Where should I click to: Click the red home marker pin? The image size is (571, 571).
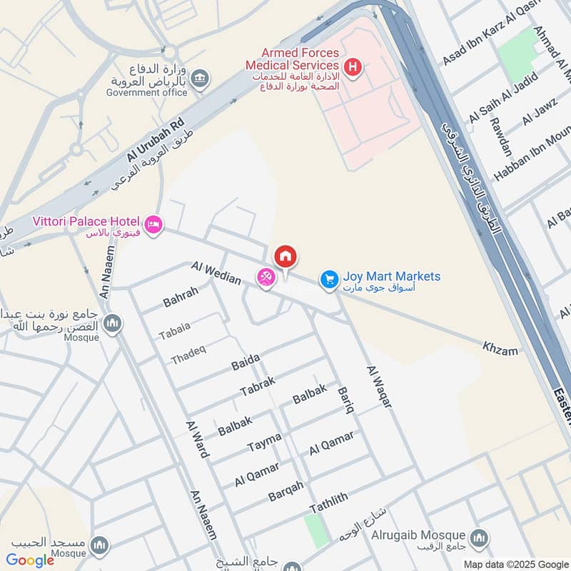point(285,256)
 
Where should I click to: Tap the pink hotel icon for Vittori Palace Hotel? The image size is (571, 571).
point(153,226)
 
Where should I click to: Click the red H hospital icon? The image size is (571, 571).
point(352,68)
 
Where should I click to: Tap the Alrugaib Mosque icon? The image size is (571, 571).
point(479,536)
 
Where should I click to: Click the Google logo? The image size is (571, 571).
point(30,560)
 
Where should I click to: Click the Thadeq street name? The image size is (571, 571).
point(188,355)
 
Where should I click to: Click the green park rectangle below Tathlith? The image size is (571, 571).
point(316,530)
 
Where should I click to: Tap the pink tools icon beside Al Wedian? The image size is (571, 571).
point(266,278)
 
